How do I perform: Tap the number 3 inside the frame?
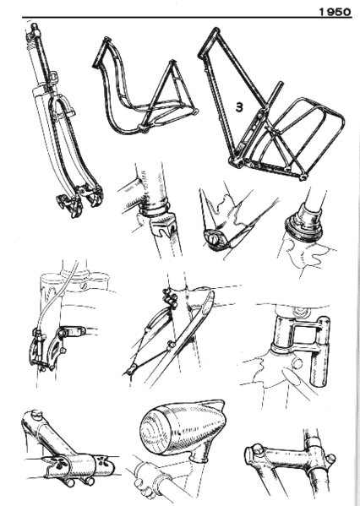click(x=241, y=107)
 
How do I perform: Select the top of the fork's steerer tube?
click(x=35, y=30)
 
